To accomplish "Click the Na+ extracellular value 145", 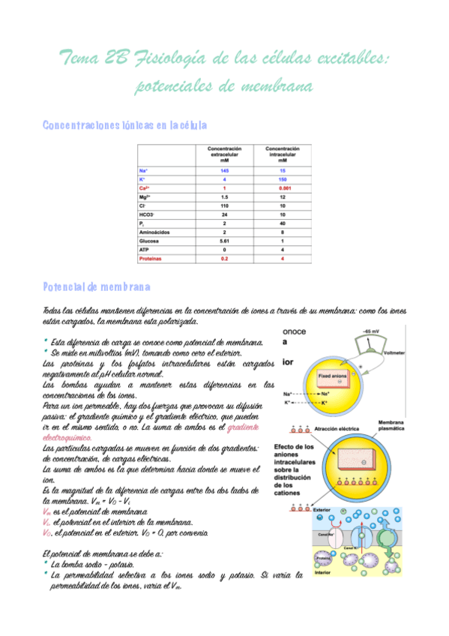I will (x=224, y=171).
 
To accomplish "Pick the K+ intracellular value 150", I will (x=283, y=181).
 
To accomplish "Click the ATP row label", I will (x=145, y=250).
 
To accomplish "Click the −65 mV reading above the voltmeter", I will (x=372, y=331).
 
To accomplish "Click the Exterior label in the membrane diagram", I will (x=325, y=509).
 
